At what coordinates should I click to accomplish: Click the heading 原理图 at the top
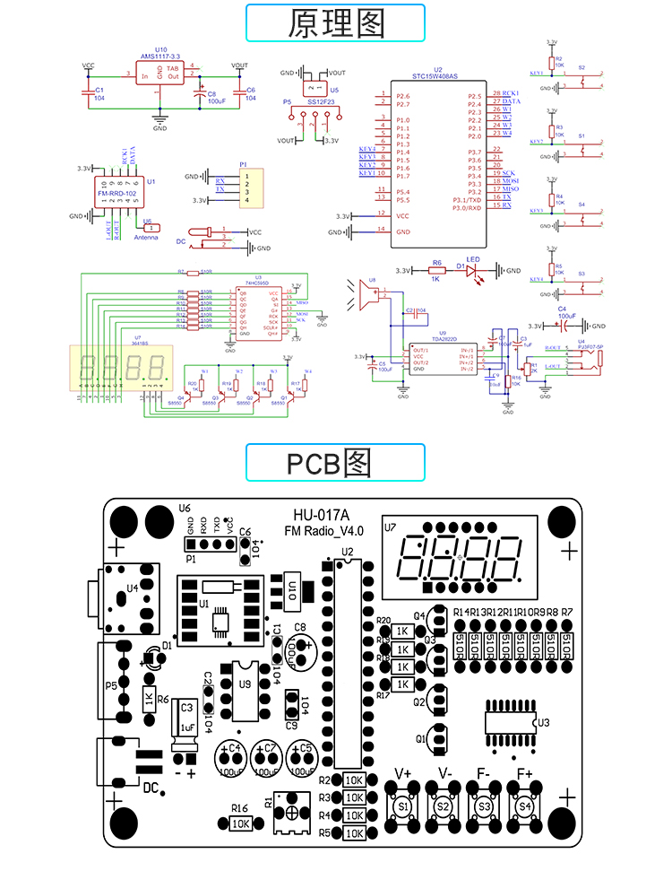[336, 23]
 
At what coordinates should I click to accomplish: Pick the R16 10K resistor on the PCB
[240, 822]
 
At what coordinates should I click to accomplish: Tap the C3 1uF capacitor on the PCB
[187, 718]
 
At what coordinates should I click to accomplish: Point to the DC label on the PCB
[152, 788]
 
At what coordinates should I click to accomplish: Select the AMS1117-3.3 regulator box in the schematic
[160, 74]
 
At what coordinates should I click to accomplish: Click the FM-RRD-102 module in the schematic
[116, 192]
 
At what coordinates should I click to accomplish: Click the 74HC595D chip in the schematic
[258, 309]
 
